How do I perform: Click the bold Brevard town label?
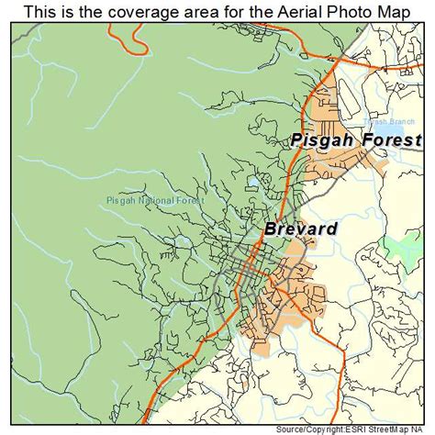pyautogui.click(x=299, y=229)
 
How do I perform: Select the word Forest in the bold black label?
pyautogui.click(x=393, y=140)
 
